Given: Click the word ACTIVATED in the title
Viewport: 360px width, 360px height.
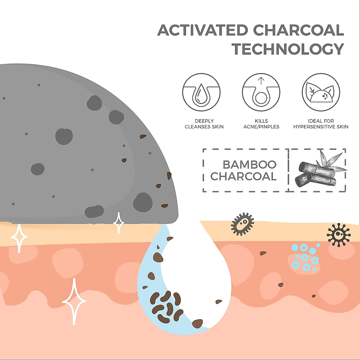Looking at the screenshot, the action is pos(203,30).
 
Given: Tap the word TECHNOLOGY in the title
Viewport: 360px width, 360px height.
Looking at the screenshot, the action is pos(288,49).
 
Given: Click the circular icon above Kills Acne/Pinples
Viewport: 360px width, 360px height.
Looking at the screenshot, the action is pos(261,92).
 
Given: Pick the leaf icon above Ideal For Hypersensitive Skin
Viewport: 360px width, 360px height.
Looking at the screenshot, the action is pos(321,92).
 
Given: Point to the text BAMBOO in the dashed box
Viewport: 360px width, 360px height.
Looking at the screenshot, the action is pos(249,165).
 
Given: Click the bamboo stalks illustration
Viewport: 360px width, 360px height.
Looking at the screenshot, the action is pos(318,171).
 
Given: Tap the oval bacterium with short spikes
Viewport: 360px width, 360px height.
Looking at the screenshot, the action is pos(242,224).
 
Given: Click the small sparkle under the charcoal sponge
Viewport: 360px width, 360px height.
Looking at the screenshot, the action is pos(118,223).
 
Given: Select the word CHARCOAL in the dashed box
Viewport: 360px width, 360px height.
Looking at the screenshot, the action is pos(243,176).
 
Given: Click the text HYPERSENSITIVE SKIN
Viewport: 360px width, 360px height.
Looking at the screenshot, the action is pos(321,127).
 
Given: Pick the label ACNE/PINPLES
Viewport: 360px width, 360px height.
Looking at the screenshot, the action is pos(261,127).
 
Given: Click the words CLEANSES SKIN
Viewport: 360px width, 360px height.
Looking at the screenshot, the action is pos(204,127).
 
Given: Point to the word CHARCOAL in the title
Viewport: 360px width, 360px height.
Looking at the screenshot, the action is pos(298,30).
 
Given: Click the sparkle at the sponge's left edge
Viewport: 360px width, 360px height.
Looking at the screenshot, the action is pos(19,237).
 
